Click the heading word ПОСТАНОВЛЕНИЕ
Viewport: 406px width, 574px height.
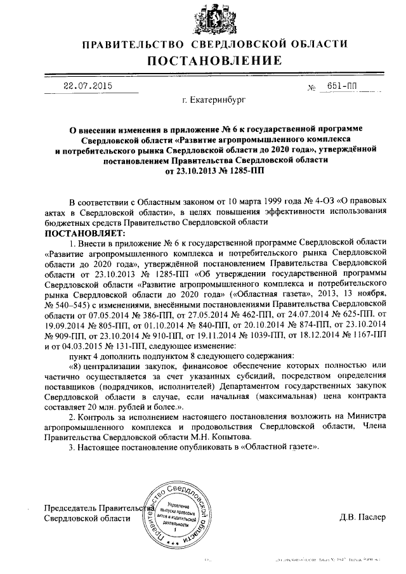point(215,61)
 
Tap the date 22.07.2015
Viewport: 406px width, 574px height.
point(87,86)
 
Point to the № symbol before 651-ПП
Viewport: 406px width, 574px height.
point(311,88)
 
